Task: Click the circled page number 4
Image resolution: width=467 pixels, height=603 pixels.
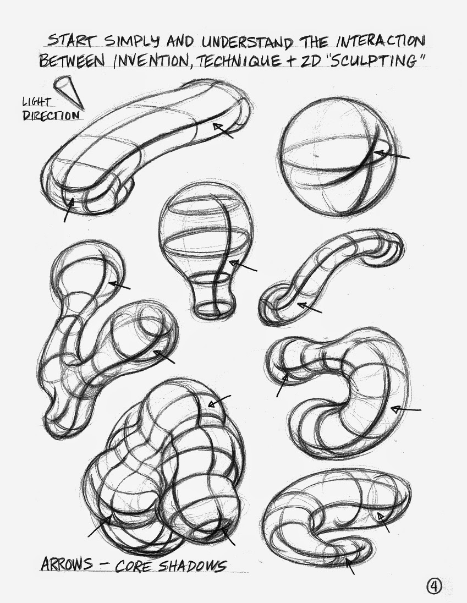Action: (434, 586)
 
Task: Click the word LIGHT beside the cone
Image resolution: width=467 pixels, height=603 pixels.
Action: (36, 102)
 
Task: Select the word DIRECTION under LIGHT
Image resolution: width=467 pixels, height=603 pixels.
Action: (51, 115)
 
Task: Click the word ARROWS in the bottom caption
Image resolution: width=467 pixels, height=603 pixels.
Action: (67, 564)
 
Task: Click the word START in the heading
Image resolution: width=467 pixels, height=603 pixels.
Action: (72, 41)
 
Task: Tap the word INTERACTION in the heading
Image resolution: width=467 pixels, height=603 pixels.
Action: (380, 41)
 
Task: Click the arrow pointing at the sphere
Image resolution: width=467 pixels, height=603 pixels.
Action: (392, 155)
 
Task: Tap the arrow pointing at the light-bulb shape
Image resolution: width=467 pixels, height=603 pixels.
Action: (243, 265)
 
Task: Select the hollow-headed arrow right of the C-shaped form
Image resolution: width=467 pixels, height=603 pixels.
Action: (406, 409)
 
